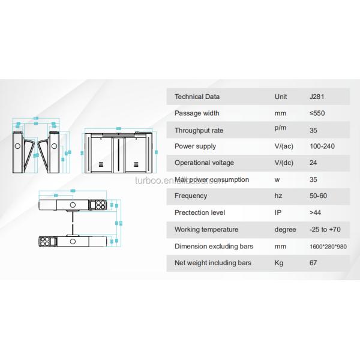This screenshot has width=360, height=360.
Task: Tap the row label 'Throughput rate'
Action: [x=199, y=130]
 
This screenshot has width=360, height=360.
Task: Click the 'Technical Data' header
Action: [x=197, y=97]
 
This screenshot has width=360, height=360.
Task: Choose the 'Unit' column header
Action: [x=281, y=97]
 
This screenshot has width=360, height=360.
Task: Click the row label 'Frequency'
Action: [x=190, y=196]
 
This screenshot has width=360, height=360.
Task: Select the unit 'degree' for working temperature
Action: [x=285, y=229]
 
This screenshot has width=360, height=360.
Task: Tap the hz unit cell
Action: [x=277, y=196]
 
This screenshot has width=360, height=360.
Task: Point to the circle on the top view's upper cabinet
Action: [x=73, y=205]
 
